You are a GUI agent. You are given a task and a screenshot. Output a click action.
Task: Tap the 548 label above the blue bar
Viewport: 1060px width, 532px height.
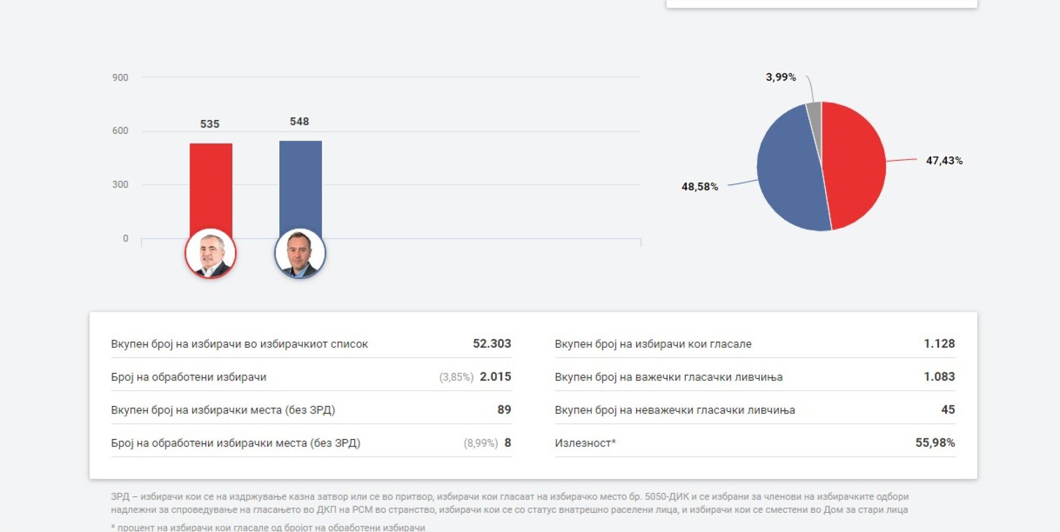coord(299,121)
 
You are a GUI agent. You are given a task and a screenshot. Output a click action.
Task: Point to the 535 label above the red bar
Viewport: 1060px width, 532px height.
coord(210,124)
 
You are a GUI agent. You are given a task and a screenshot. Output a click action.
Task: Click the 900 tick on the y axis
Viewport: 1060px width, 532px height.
coord(120,78)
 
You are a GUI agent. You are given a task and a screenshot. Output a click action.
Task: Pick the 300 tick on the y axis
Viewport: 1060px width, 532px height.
coord(120,185)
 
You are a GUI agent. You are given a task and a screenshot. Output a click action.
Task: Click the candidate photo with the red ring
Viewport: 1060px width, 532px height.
coord(210,253)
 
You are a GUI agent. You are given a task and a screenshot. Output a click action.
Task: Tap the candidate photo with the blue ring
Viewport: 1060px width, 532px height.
coord(300,253)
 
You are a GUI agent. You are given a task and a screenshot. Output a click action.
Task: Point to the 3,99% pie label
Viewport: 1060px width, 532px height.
coord(781,77)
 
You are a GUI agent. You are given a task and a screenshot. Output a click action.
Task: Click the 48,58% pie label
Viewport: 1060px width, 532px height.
coord(699,187)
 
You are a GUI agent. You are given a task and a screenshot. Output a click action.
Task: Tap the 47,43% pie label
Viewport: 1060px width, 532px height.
coord(944,161)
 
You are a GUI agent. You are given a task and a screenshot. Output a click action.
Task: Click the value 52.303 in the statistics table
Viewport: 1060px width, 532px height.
coord(492,344)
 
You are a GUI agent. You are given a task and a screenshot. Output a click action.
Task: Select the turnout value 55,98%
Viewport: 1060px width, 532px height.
coord(935,443)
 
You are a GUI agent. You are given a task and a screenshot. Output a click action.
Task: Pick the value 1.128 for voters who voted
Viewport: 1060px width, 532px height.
coord(939,344)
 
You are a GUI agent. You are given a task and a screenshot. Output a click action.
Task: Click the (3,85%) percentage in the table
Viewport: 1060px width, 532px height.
coord(456,377)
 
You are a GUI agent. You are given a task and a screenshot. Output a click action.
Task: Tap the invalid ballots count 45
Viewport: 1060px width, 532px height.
coord(948,410)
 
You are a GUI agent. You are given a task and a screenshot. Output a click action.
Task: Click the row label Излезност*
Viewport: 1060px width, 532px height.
coord(585,443)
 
